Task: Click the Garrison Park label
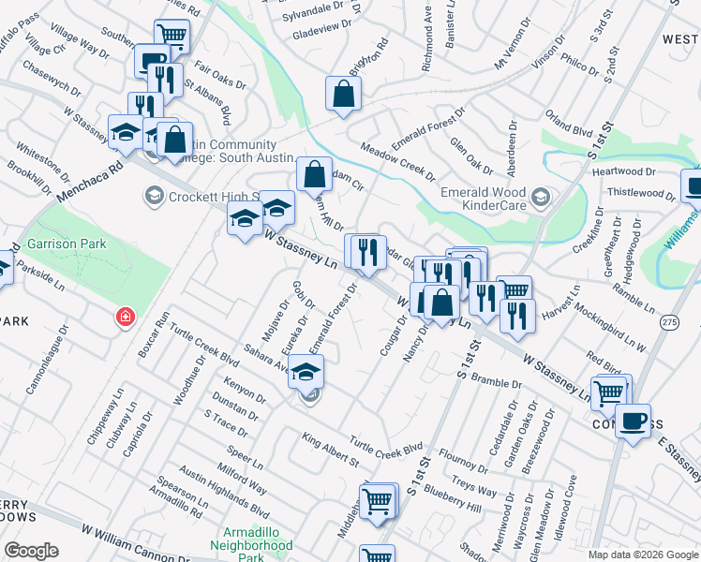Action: (66, 244)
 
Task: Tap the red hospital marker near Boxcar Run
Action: (124, 318)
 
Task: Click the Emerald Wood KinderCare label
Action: (484, 197)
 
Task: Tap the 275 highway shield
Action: (668, 321)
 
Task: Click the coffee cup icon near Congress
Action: (635, 420)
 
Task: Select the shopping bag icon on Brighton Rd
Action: (344, 94)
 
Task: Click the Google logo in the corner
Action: (32, 551)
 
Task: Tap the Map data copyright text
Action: (642, 555)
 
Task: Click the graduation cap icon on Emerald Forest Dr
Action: (306, 372)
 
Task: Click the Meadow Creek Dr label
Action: (398, 163)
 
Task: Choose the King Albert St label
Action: (330, 450)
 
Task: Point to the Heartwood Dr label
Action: (623, 171)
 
